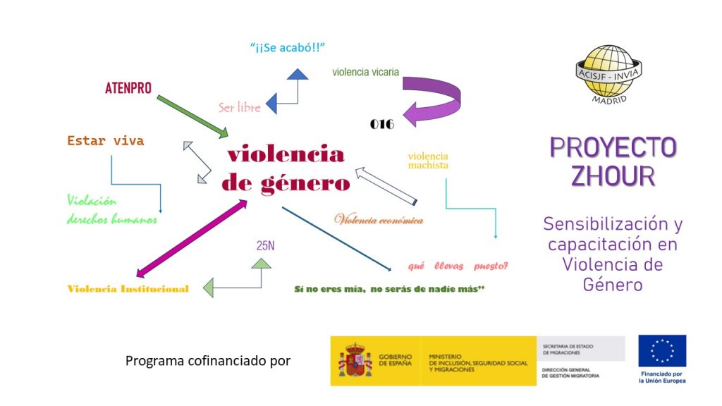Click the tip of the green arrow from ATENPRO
click(x=228, y=136)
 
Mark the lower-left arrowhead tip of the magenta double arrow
click(x=137, y=276)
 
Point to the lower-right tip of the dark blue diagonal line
click(x=391, y=270)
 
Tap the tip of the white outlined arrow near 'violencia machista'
click(x=356, y=169)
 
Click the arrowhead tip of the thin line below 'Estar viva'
click(x=160, y=213)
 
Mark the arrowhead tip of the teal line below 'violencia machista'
click(x=496, y=238)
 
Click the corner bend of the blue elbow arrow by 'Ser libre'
click(x=298, y=103)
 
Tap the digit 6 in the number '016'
click(x=389, y=124)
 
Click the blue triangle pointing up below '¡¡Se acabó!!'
click(x=298, y=74)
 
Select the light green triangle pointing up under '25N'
click(x=262, y=264)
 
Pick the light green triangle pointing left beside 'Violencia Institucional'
click(x=208, y=288)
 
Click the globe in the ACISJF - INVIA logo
click(x=608, y=70)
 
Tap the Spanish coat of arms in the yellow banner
click(x=355, y=360)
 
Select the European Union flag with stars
click(x=661, y=351)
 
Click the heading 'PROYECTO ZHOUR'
click(x=613, y=161)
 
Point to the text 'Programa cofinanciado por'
click(x=208, y=361)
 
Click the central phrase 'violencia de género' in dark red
click(x=286, y=168)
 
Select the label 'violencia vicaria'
click(x=366, y=72)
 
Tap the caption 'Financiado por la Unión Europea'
click(x=662, y=378)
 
